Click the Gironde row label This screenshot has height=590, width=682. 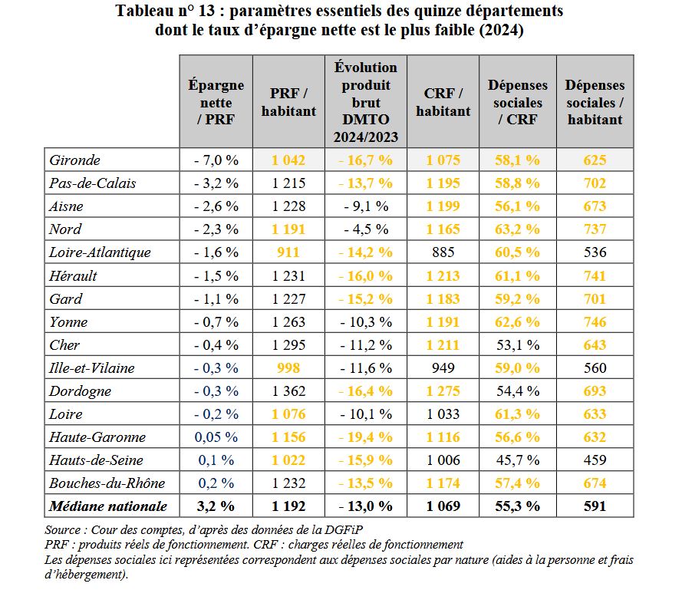(75, 160)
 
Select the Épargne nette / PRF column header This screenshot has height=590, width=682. (216, 102)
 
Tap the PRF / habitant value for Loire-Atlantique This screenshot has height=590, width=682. (288, 252)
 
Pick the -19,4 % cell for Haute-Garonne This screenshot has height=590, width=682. (366, 437)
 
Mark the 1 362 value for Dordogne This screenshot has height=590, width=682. (288, 391)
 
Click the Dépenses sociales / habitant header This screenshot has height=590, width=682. (595, 102)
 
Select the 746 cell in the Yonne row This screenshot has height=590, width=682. (595, 322)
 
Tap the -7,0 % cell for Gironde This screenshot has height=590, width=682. (216, 160)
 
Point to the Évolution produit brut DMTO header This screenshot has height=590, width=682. (366, 102)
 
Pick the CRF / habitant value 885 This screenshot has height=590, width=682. (443, 252)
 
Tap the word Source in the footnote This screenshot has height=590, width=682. (63, 530)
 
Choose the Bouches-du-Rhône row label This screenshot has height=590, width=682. (97, 483)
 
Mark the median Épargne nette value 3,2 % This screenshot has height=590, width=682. (216, 506)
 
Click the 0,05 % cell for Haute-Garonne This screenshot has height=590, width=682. (216, 437)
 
